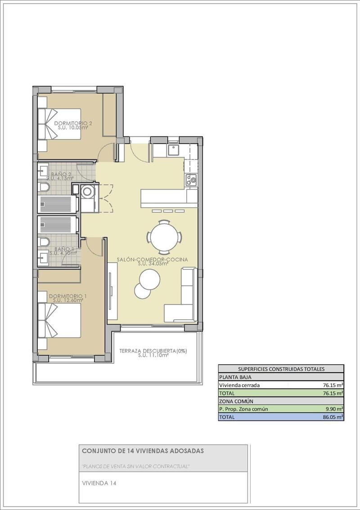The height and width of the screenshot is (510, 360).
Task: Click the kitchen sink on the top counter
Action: click(173, 149)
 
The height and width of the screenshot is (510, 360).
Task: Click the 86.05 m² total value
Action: click(333, 417)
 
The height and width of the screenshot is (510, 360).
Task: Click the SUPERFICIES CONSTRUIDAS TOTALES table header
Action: click(281, 369)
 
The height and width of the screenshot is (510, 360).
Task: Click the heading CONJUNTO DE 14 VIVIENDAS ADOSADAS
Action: click(143, 451)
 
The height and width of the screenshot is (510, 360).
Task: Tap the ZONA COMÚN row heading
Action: click(236, 401)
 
